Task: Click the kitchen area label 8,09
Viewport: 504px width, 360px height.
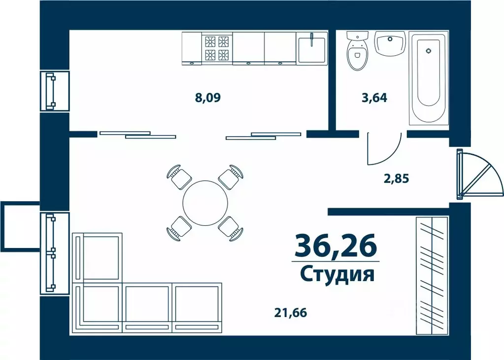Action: pyautogui.click(x=207, y=97)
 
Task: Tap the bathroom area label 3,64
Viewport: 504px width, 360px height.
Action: pyautogui.click(x=374, y=98)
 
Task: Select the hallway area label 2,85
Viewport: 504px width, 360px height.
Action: pyautogui.click(x=397, y=178)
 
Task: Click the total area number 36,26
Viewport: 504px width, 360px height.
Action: pyautogui.click(x=335, y=246)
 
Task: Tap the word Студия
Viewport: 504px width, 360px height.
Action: pyautogui.click(x=337, y=274)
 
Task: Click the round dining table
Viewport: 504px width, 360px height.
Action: pyautogui.click(x=205, y=203)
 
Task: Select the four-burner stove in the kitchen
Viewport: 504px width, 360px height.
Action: pyautogui.click(x=217, y=47)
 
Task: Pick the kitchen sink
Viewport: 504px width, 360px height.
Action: pyautogui.click(x=311, y=47)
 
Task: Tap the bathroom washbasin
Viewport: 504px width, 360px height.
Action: pyautogui.click(x=390, y=43)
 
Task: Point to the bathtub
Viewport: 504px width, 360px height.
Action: pyautogui.click(x=428, y=77)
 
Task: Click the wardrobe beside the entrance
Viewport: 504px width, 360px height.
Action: pyautogui.click(x=432, y=274)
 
